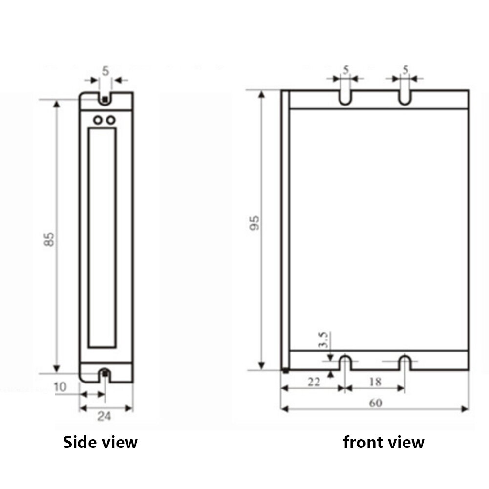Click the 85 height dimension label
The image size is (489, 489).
point(49,239)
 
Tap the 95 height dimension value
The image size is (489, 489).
point(255,223)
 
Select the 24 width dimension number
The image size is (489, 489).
point(104,416)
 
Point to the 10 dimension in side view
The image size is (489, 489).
point(60,387)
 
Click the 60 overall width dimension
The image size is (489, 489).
point(376,403)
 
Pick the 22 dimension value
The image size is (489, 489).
point(314,382)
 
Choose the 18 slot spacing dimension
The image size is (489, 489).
point(375,382)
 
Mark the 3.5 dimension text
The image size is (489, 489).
point(323,340)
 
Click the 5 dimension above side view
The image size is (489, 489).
point(106,71)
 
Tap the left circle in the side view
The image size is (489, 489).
point(98,120)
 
